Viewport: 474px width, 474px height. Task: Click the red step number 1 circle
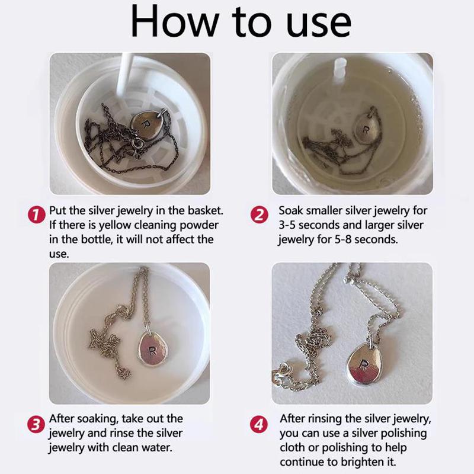[x=36, y=215]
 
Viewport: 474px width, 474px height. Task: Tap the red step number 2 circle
[x=259, y=215]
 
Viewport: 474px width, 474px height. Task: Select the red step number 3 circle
[x=36, y=424]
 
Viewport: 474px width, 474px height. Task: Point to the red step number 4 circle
[x=259, y=424]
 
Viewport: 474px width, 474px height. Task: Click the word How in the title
[x=175, y=21]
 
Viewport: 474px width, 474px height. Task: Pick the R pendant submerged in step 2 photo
[x=367, y=128]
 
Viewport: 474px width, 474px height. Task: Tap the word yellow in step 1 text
[x=116, y=225]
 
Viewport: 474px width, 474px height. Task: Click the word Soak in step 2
[x=291, y=210]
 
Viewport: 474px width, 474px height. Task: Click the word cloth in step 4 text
[x=293, y=448]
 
